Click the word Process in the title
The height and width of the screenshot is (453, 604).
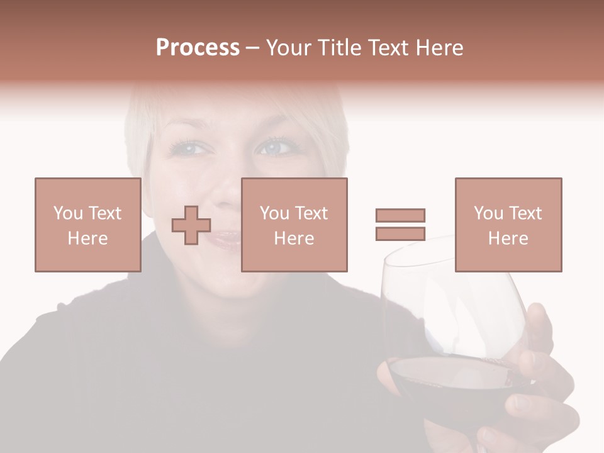coord(198,47)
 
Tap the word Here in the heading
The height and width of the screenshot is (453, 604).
coord(439,47)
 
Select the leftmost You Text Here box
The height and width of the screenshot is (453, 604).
coord(88,225)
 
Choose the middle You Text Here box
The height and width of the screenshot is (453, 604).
coord(294,225)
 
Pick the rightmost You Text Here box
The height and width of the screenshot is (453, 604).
coord(508,225)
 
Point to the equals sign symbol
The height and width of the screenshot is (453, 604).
coord(400,225)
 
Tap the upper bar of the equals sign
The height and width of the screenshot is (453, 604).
coord(400,215)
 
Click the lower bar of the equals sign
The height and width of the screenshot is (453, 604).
coord(400,233)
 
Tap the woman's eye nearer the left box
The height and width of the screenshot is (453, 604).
coord(189,150)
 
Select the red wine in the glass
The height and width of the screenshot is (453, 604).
coord(440,384)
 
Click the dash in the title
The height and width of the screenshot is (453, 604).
coord(253,48)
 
